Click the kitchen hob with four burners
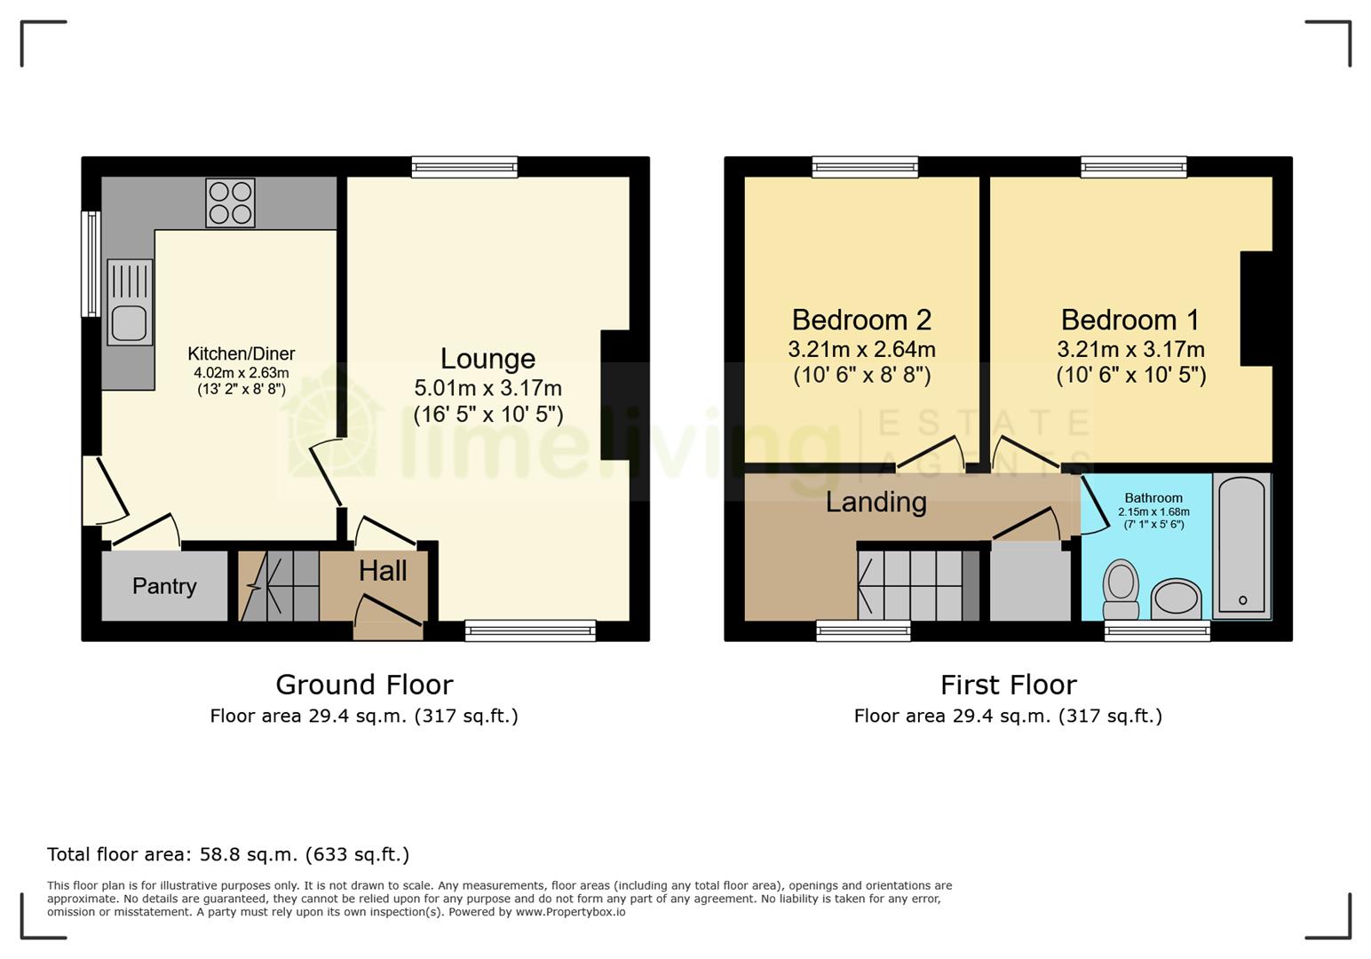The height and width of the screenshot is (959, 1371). click(231, 203)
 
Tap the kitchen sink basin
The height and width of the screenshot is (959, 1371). click(130, 322)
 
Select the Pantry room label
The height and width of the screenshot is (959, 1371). click(164, 586)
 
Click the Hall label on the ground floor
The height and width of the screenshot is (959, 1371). click(383, 571)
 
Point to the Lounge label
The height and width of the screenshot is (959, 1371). click(487, 359)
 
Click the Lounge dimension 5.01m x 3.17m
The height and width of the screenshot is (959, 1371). click(487, 388)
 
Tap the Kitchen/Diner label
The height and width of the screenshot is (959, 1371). click(241, 354)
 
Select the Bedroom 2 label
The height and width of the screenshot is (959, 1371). click(861, 320)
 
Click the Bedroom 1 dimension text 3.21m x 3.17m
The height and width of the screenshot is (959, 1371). click(1130, 349)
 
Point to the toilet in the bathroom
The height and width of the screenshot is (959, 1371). click(1121, 589)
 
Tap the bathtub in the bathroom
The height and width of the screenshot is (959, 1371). click(1241, 546)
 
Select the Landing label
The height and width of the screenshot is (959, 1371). click(876, 502)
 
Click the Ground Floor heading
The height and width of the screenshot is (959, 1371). click(364, 685)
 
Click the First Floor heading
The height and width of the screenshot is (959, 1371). click(1008, 685)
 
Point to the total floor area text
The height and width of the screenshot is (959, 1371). click(228, 854)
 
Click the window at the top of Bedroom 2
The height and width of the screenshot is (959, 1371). click(865, 166)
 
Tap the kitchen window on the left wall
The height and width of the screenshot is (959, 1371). click(91, 264)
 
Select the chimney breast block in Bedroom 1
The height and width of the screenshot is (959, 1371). click(1256, 309)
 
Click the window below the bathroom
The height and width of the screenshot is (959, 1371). click(1157, 631)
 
